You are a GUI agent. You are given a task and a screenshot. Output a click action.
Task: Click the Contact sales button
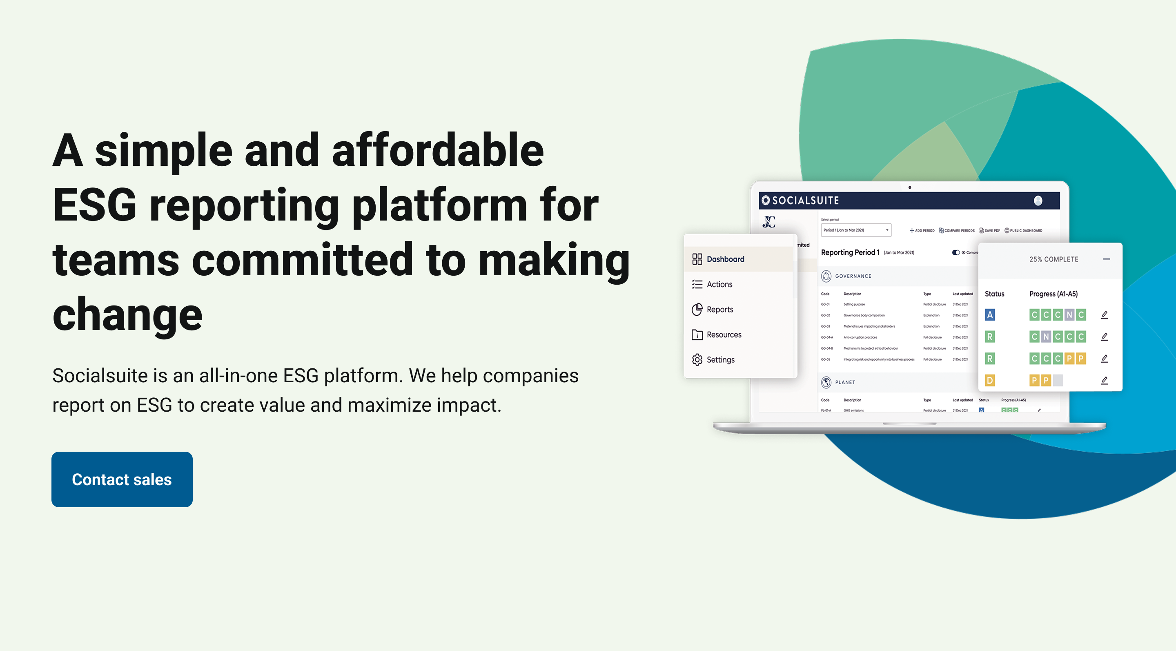pos(122,479)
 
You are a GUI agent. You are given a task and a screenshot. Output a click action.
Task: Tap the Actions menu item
pos(719,284)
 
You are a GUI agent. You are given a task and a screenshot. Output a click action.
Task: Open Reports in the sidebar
pos(719,310)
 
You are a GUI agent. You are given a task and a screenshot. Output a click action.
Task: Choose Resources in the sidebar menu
pos(724,334)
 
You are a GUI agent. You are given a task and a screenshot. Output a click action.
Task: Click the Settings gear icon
pos(697,360)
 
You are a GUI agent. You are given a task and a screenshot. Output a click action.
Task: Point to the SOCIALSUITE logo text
pos(805,201)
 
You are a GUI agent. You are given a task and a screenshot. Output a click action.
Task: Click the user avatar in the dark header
pos(1038,201)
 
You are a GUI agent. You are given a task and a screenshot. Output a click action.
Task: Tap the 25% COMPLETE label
pos(1053,259)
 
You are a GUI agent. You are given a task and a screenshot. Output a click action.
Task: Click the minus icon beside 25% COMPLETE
pos(1106,259)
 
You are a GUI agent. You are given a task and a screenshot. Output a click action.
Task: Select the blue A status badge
pos(990,314)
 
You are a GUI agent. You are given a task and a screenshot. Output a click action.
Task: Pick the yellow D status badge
pos(990,380)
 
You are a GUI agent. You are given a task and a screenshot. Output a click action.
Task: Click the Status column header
pos(994,294)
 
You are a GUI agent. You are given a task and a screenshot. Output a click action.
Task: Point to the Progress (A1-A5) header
pos(1053,294)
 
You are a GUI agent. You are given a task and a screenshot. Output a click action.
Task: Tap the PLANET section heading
pos(844,383)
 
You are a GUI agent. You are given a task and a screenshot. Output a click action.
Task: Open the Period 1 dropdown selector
pos(855,230)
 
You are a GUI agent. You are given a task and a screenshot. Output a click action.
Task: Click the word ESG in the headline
pos(94,205)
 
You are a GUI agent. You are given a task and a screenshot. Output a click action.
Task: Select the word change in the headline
pos(127,314)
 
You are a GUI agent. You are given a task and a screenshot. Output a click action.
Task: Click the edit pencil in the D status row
pos(1104,380)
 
